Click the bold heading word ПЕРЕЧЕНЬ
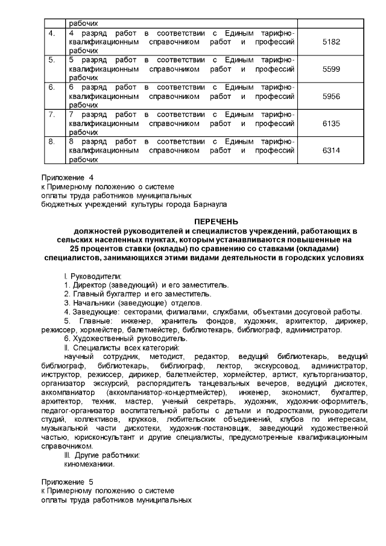point(217,221)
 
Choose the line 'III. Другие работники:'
point(102,456)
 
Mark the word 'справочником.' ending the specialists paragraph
point(66,446)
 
